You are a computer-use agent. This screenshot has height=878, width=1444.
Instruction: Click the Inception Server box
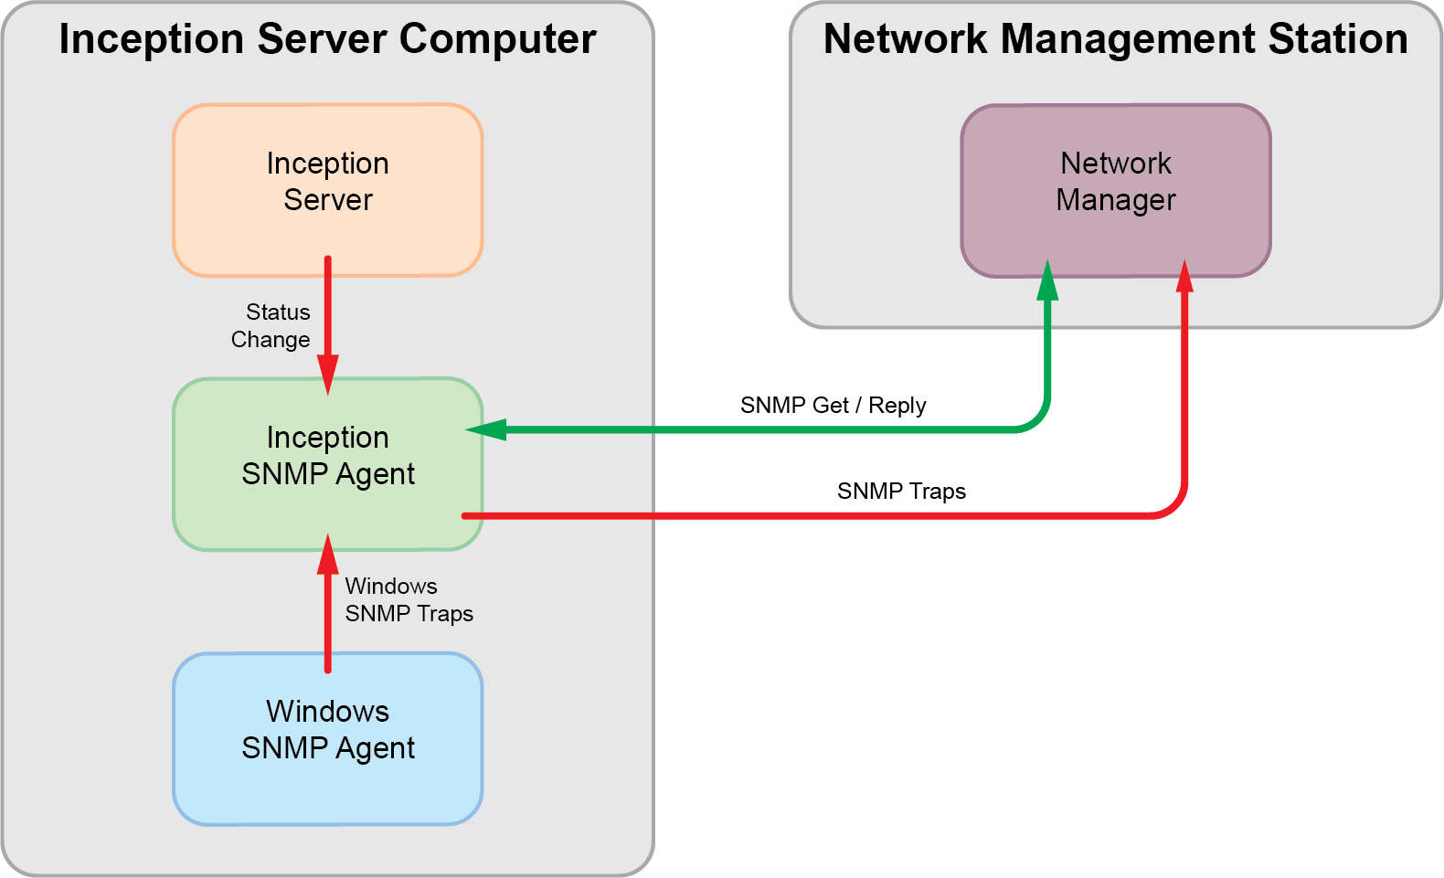327,189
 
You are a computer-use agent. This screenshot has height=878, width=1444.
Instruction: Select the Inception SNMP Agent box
327,463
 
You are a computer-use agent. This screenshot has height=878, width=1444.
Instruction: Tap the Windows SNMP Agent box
327,738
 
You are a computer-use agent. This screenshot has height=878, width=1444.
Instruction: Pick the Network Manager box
1115,189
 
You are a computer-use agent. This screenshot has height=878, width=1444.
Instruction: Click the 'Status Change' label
271,326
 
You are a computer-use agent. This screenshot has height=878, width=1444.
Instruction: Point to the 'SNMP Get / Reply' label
833,405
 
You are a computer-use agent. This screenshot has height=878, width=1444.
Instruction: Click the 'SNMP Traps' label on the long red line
901,491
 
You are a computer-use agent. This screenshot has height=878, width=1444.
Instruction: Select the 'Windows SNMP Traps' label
408,599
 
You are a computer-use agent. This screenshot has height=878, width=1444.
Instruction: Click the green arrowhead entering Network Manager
1047,281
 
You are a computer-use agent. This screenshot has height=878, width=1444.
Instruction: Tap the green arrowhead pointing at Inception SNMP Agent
486,429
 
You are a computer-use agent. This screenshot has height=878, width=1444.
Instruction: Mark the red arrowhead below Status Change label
327,375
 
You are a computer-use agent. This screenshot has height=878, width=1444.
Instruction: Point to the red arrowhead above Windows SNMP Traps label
327,555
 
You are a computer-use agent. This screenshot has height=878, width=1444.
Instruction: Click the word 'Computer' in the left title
497,39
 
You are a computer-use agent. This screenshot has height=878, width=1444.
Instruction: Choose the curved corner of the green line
1037,419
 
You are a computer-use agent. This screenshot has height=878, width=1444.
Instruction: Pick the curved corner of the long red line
1174,506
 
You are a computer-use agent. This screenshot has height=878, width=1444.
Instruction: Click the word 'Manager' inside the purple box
1115,200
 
